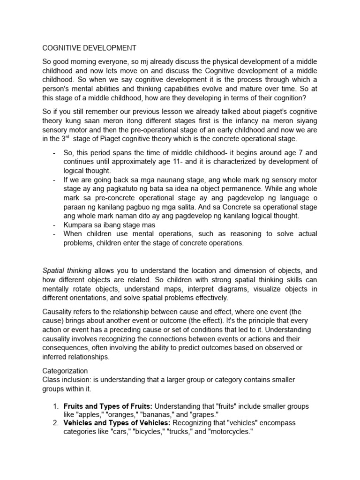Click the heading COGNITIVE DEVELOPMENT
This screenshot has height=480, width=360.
point(90,48)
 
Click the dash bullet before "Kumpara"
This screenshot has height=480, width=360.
point(54,225)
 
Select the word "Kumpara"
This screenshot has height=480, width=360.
point(78,225)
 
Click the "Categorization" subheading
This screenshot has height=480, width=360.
point(65,370)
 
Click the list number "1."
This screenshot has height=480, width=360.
point(55,406)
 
